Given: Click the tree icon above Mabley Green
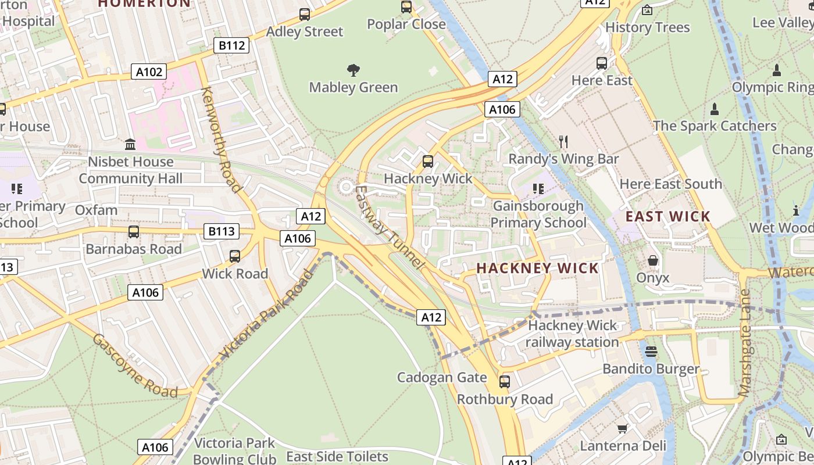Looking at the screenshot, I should [353, 71].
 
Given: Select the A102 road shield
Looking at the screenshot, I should [149, 71].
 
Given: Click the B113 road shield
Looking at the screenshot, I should [222, 231].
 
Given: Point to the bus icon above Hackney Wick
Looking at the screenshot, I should [428, 161].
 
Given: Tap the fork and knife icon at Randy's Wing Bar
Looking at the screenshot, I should [563, 141].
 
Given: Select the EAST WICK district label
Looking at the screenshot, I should [667, 216].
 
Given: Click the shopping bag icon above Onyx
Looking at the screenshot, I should [653, 260].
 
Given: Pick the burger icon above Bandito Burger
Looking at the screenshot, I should [651, 351].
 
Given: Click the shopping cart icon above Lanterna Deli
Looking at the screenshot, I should [622, 429].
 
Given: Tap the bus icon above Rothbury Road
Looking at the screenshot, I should [505, 382].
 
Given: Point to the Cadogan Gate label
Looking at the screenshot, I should [442, 377].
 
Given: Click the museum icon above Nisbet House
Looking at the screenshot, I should [130, 144].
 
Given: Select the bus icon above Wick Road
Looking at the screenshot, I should [235, 256].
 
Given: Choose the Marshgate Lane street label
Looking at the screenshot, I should [745, 343].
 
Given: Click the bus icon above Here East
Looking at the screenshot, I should [602, 63].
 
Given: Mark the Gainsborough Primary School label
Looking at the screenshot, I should [538, 214].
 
